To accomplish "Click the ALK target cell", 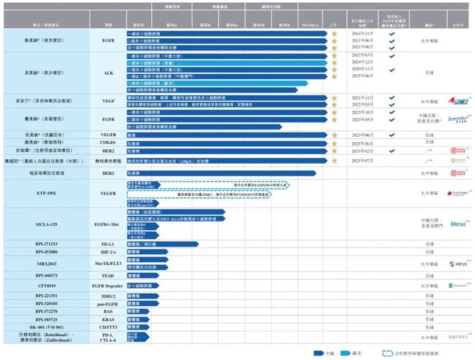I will coord(109,73).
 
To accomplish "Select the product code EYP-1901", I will coord(47,194).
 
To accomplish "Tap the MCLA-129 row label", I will coord(47,225).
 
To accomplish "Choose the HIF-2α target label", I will coord(109,253).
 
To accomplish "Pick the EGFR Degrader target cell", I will coord(109,285).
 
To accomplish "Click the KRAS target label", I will coord(109,318).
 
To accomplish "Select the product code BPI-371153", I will coord(47,244).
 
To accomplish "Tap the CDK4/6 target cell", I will coord(109,143).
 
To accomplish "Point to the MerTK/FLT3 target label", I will coord(109,264).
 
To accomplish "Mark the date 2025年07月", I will coord(361,162).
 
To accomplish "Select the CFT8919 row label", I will coord(47,285).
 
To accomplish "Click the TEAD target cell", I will coord(109,275).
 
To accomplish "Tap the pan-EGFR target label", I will coord(109,304).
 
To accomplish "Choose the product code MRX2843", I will coord(47,264).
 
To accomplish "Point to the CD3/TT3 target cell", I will coord(109,326).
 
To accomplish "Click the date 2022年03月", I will coord(361,55).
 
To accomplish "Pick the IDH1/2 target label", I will coord(109,296).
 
